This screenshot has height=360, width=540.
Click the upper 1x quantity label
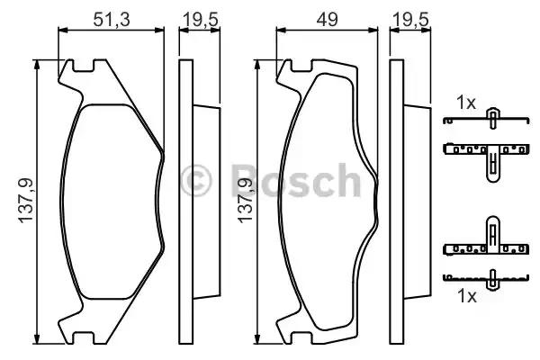pyautogui.click(x=464, y=103)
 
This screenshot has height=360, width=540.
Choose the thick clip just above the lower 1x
pyautogui.click(x=490, y=241)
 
